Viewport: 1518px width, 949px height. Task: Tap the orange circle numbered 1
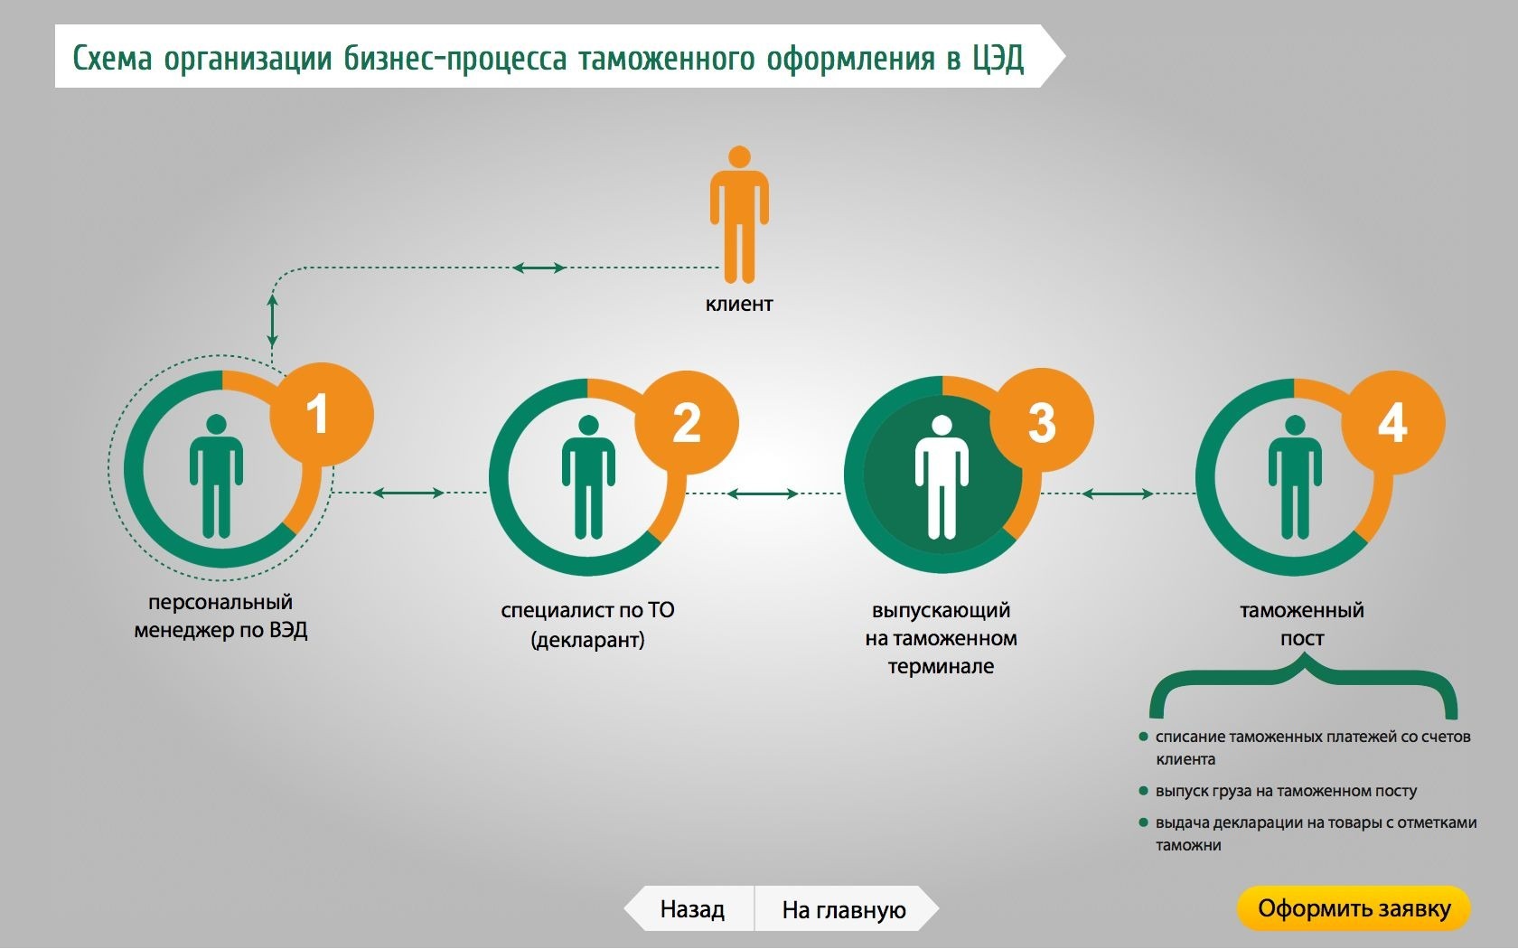pos(321,413)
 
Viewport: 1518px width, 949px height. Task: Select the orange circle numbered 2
pos(687,422)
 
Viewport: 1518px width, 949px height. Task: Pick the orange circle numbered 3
pos(1042,420)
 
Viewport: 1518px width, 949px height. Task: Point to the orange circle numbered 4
pos(1392,422)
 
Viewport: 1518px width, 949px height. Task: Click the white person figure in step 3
pos(942,477)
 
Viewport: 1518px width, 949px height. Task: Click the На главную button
pos(844,909)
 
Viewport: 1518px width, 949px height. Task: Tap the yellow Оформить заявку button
pos(1354,908)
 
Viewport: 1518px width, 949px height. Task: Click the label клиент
pos(739,304)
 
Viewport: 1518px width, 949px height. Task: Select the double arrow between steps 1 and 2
pos(408,493)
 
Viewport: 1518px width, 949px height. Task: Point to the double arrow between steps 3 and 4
pos(1117,493)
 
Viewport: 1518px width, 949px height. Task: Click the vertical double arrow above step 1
pos(273,319)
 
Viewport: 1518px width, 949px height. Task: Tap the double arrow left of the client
pos(539,268)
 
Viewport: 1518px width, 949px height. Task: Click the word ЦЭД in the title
pos(998,59)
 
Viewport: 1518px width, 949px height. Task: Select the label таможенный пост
pos(1302,624)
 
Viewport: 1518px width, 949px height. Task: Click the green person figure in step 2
pos(588,477)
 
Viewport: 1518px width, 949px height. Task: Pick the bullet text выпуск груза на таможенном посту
pos(1286,791)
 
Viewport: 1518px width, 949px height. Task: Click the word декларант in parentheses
pos(588,640)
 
